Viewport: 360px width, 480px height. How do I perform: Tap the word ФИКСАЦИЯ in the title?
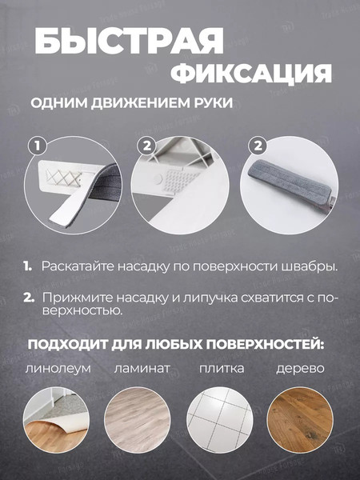pyautogui.click(x=251, y=74)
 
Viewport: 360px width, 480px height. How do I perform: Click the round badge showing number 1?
pyautogui.click(x=34, y=146)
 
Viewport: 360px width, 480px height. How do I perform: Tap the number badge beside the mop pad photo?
pyautogui.click(x=257, y=146)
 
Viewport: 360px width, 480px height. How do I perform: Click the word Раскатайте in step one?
pyautogui.click(x=76, y=265)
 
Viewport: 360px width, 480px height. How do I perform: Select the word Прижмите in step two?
pyautogui.click(x=73, y=297)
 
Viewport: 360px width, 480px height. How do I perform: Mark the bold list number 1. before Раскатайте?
pyautogui.click(x=27, y=265)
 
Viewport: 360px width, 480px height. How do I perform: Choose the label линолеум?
pyautogui.click(x=58, y=369)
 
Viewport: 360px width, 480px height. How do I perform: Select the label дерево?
pyautogui.click(x=300, y=369)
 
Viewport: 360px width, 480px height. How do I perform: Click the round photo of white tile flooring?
pyautogui.click(x=219, y=421)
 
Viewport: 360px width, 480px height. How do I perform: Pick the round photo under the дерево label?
pyautogui.click(x=299, y=421)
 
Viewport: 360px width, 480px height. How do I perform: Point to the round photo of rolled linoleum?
pyautogui.click(x=58, y=421)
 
